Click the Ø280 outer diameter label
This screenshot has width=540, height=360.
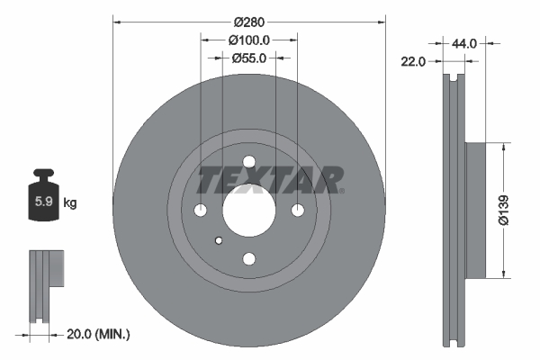(249, 22)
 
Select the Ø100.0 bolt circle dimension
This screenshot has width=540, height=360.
(249, 40)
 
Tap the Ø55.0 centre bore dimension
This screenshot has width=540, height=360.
(249, 58)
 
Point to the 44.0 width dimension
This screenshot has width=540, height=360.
(464, 41)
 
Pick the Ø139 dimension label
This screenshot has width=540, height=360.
(516, 210)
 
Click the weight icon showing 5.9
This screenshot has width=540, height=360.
(43, 199)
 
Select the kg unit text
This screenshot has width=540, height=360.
(70, 203)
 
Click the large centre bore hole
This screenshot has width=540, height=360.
(248, 211)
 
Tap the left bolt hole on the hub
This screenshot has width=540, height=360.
(200, 211)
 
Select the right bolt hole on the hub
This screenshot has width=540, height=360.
(298, 211)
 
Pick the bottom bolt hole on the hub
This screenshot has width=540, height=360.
(248, 259)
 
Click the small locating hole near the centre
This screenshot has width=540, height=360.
(219, 240)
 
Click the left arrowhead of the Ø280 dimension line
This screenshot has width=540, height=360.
(116, 22)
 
